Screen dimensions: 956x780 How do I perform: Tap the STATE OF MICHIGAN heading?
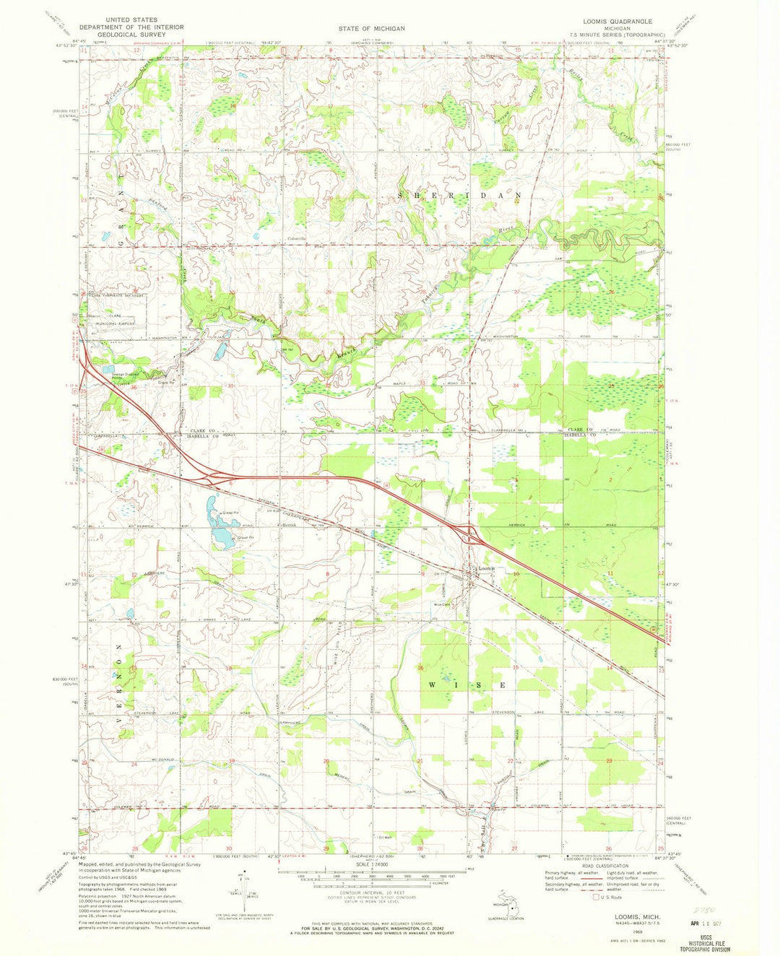click(x=372, y=28)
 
